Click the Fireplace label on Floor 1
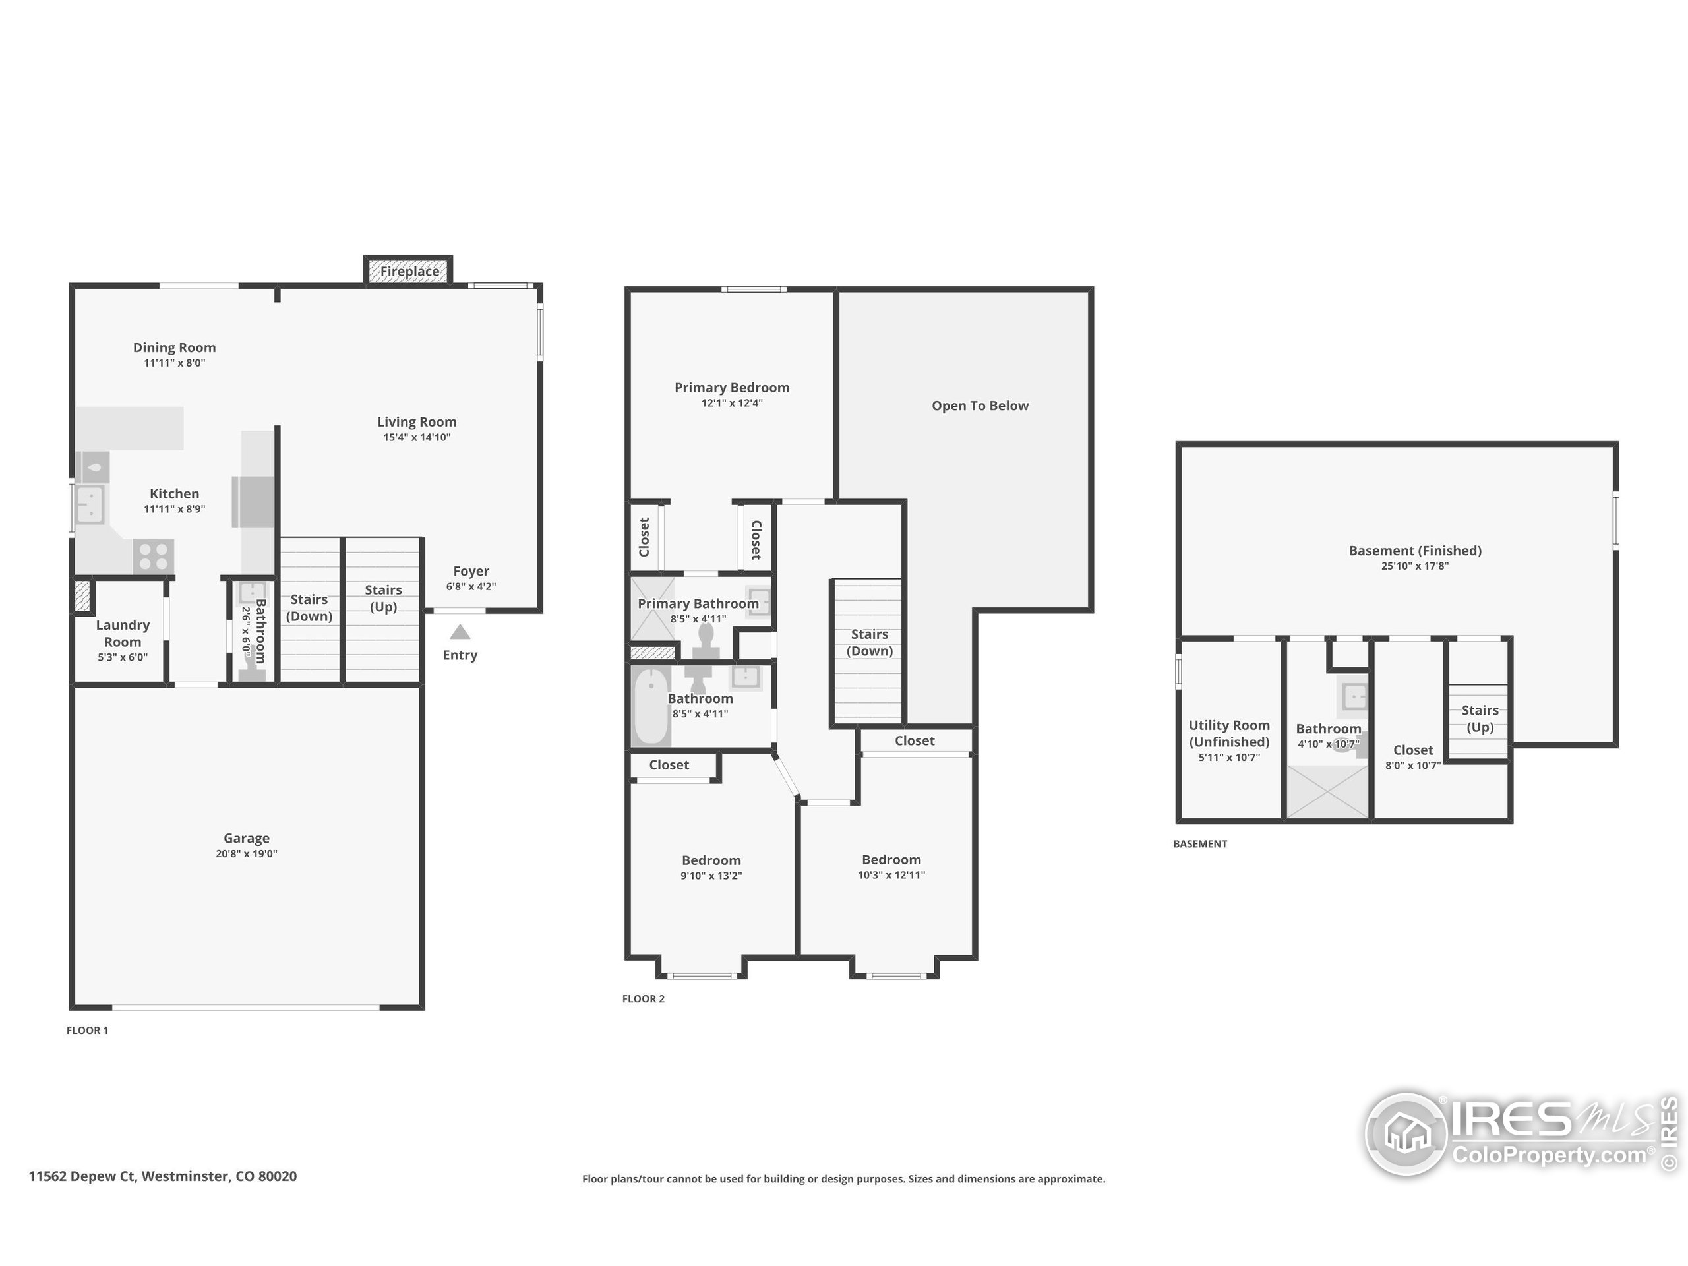tap(409, 272)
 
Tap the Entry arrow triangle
tap(460, 632)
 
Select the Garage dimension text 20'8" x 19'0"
tap(246, 854)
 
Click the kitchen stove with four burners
tap(154, 556)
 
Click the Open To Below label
tap(980, 406)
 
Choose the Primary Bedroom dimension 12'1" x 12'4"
tap(731, 404)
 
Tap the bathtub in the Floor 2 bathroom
tap(650, 706)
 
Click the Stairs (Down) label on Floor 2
tap(869, 642)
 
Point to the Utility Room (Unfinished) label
tap(1228, 733)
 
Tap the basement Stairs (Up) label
tap(1480, 719)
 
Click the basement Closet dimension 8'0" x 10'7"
tap(1412, 766)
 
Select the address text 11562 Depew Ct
tap(82, 1176)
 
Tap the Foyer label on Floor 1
tap(471, 572)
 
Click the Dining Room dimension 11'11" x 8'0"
tap(174, 363)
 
